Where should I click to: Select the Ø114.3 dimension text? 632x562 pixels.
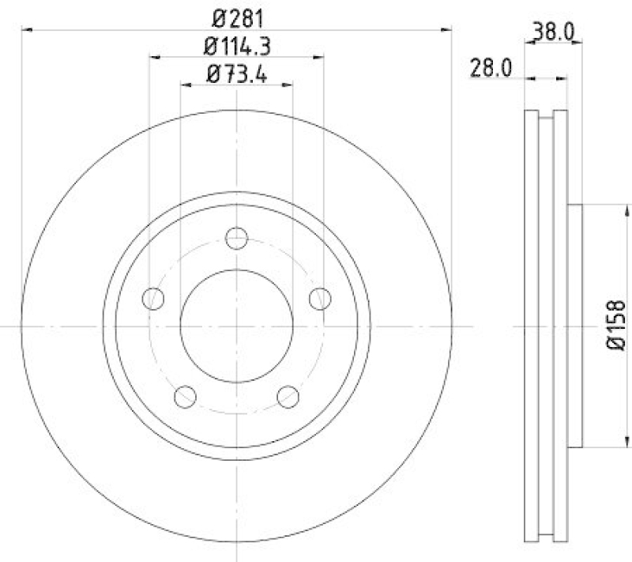point(236,47)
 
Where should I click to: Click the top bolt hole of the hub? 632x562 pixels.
point(236,238)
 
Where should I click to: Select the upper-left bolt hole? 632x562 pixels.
point(153,299)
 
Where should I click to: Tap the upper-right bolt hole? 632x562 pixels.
point(319,299)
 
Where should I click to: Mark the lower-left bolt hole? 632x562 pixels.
point(185,396)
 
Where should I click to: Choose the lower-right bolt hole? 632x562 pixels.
point(288,396)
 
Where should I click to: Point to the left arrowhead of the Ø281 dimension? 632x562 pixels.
point(26,31)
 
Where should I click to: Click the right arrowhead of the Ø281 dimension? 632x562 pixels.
point(447,31)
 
